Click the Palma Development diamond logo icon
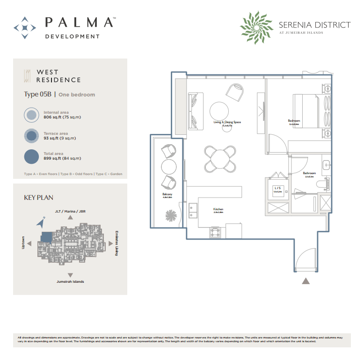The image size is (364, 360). [25, 28]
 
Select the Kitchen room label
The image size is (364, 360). [218, 209]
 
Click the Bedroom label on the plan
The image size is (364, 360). [294, 121]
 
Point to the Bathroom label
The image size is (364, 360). [309, 173]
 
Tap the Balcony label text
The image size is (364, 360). [167, 194]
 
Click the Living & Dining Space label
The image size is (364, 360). [227, 122]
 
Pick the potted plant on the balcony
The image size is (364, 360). [171, 216]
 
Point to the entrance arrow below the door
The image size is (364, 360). [306, 280]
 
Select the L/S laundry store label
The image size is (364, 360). [277, 189]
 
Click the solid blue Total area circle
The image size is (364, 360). [31, 156]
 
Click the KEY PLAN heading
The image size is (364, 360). [35, 198]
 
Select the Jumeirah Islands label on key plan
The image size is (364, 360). [70, 282]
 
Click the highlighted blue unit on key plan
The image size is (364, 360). [46, 237]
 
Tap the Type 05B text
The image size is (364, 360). [37, 95]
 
